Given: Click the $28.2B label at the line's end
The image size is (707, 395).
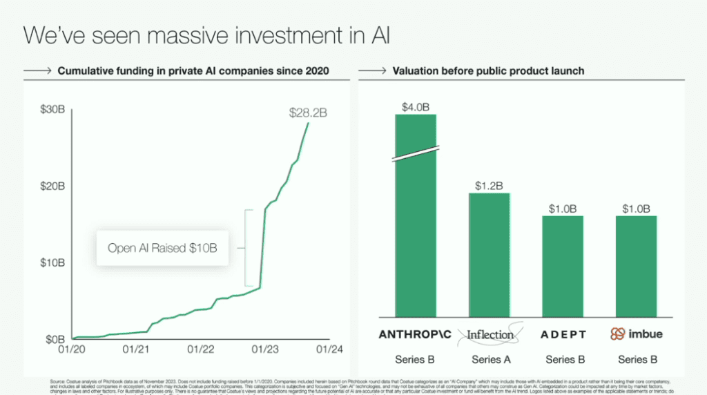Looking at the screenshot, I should click(x=308, y=113).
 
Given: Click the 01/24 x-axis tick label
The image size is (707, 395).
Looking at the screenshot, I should click(x=328, y=349).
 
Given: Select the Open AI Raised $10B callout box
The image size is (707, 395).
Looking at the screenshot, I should click(x=162, y=248).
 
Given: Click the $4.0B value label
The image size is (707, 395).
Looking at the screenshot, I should click(x=416, y=107).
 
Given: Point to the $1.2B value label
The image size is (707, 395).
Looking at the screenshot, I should click(x=489, y=186).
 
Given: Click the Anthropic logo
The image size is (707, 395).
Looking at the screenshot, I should click(x=415, y=335).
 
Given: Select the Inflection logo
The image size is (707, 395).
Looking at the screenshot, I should click(x=490, y=335).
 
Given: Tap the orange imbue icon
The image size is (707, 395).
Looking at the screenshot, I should click(x=617, y=334).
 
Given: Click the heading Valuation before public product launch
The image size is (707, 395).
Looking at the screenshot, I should click(x=488, y=71).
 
